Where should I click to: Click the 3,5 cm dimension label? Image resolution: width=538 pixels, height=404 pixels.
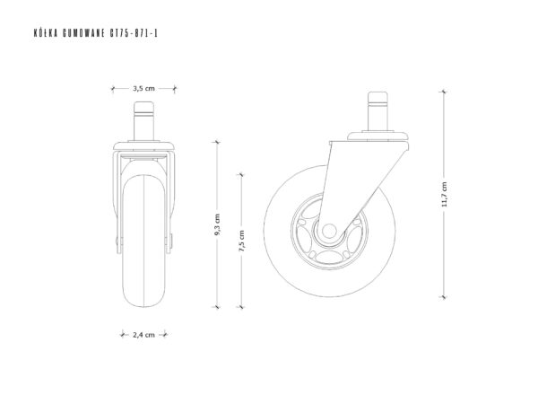(x=143, y=89)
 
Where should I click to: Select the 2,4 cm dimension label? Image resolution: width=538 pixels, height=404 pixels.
(x=143, y=335)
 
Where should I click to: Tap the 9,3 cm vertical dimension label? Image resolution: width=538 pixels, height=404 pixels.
(x=217, y=224)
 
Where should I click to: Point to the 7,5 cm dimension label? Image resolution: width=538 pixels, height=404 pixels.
(x=241, y=241)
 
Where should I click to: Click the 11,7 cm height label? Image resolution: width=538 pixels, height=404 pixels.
(x=444, y=194)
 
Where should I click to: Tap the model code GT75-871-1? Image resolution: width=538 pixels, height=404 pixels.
(x=134, y=33)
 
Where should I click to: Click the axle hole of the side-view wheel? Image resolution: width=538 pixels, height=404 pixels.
(x=329, y=231)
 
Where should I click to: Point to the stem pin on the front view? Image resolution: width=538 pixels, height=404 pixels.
(x=143, y=121)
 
